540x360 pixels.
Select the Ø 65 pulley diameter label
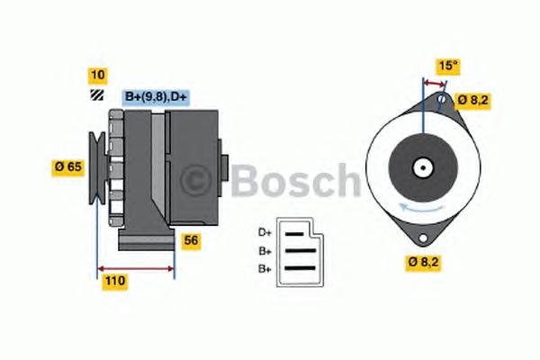point(69,166)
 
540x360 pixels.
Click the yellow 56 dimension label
point(191,240)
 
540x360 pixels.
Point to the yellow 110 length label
point(114,281)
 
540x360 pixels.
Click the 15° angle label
point(447,66)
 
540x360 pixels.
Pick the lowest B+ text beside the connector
point(265,269)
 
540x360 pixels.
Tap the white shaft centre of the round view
point(420,166)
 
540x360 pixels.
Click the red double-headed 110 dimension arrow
point(135,268)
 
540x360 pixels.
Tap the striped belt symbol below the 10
point(95,95)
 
